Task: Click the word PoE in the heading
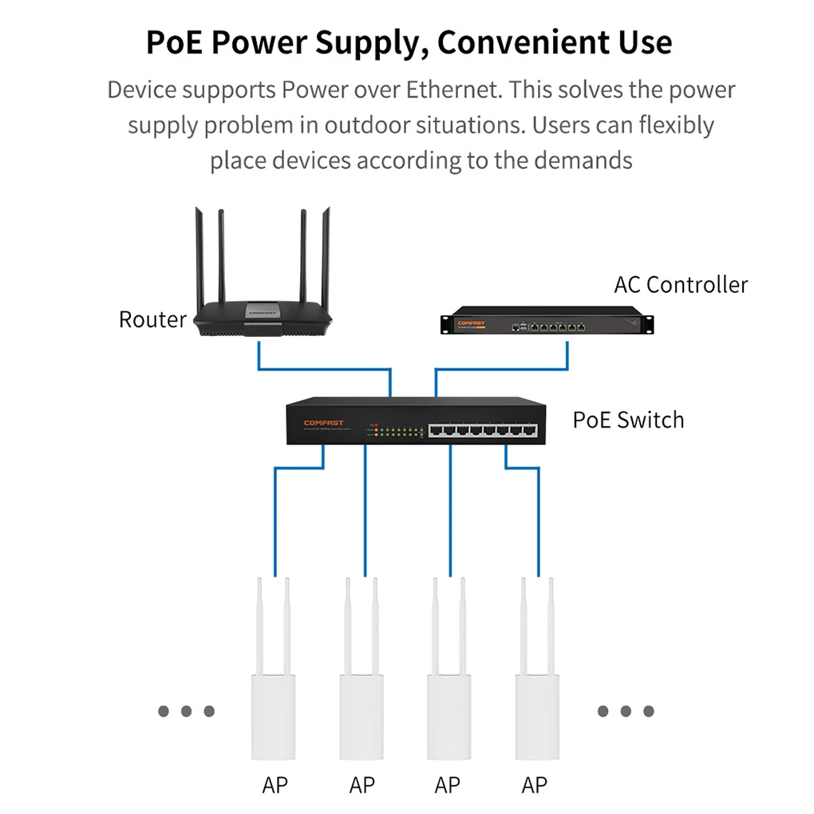tap(178, 42)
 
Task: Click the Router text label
tap(152, 319)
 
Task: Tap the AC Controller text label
tap(681, 285)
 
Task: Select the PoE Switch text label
tap(628, 420)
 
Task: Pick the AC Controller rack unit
tap(547, 322)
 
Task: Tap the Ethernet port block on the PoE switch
tap(482, 431)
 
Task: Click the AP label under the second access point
tap(362, 786)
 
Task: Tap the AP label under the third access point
tap(448, 786)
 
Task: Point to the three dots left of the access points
tap(186, 711)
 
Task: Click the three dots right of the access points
tap(626, 711)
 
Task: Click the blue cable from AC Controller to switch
tap(503, 369)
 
